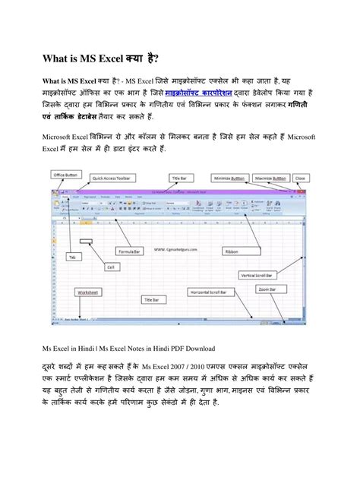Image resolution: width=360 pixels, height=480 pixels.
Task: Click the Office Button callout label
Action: click(66, 174)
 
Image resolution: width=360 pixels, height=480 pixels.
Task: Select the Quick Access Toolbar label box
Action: click(112, 178)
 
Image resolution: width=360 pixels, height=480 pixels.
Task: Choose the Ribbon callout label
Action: click(232, 251)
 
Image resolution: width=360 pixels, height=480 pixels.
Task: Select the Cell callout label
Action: click(110, 267)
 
